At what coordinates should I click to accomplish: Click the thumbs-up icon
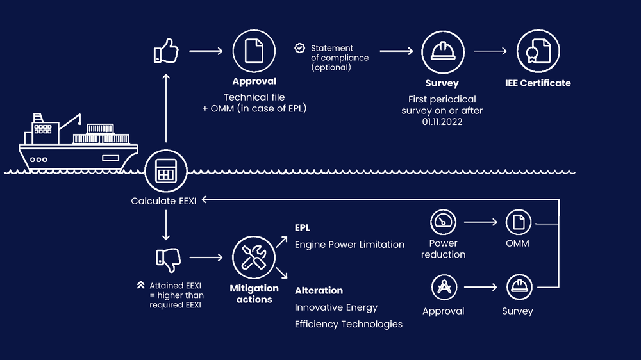tap(166, 52)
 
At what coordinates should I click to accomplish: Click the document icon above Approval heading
tap(254, 52)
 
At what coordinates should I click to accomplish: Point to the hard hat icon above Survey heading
tap(442, 52)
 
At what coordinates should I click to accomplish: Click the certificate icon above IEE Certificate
tap(537, 52)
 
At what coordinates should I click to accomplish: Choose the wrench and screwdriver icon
tap(254, 258)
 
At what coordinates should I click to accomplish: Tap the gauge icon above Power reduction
tap(443, 222)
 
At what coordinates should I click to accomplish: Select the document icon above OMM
tap(517, 222)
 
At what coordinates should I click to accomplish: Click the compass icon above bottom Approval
tap(443, 287)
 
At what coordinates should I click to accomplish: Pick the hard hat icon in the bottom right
tap(517, 287)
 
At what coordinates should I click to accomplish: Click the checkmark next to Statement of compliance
tap(299, 48)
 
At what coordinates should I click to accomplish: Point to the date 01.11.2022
tap(442, 122)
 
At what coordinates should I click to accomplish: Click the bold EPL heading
tap(303, 228)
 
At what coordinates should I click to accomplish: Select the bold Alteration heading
tap(319, 290)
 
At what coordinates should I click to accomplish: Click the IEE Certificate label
tap(537, 83)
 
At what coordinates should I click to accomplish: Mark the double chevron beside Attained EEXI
tap(140, 285)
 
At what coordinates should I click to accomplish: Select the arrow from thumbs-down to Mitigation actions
tap(205, 258)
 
